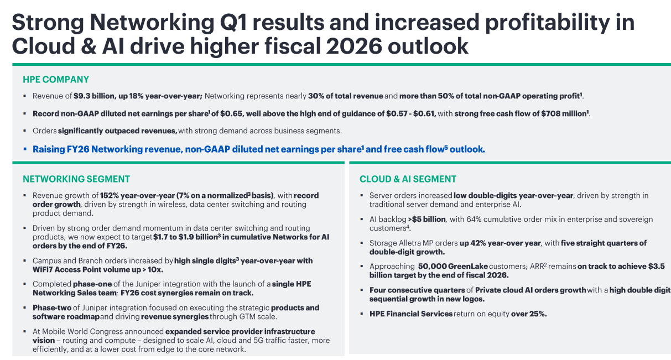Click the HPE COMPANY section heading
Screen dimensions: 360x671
click(x=56, y=80)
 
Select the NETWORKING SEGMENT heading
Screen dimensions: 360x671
click(x=76, y=179)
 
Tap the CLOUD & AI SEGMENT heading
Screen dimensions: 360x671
click(x=408, y=179)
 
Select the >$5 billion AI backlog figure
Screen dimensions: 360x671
click(x=426, y=220)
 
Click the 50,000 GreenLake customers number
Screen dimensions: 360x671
click(x=434, y=267)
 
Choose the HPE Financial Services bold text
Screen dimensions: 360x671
click(x=411, y=314)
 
